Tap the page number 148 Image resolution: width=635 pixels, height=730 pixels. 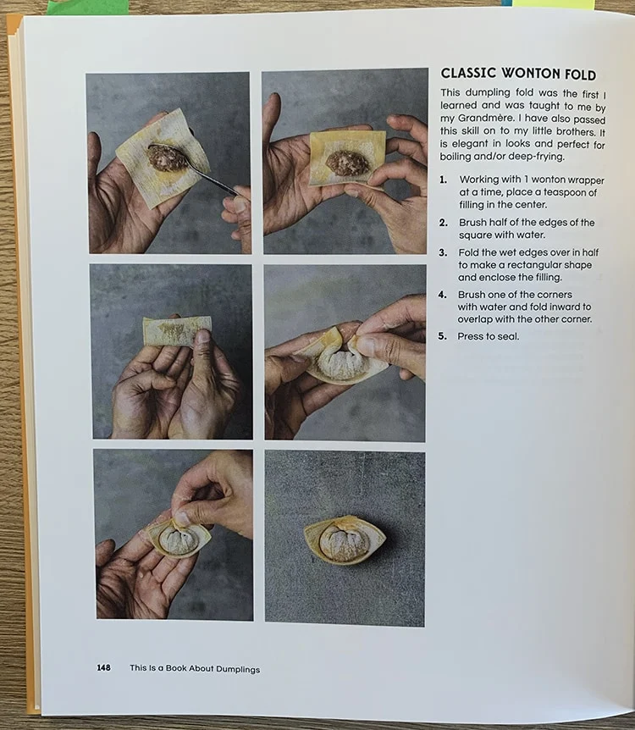pyautogui.click(x=103, y=667)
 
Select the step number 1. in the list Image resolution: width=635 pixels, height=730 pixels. pyautogui.click(x=443, y=180)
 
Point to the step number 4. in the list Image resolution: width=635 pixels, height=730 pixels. pyautogui.click(x=442, y=295)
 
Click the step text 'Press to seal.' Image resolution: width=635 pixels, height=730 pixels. pyautogui.click(x=488, y=336)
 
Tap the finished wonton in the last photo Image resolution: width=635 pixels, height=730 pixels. pyautogui.click(x=345, y=540)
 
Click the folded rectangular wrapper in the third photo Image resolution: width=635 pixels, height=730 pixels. pyautogui.click(x=176, y=330)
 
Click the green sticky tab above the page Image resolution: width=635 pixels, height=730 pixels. pyautogui.click(x=87, y=7)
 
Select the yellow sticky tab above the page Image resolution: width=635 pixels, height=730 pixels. pyautogui.click(x=554, y=3)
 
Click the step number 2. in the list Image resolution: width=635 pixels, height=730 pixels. pyautogui.click(x=443, y=223)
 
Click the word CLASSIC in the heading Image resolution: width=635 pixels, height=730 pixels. pyautogui.click(x=468, y=73)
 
